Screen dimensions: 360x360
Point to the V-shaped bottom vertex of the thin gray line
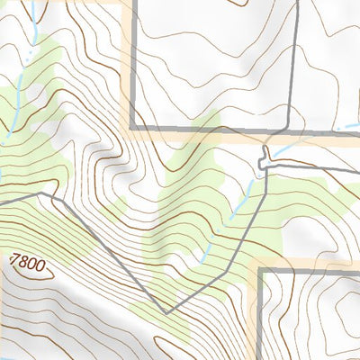tap(165, 312)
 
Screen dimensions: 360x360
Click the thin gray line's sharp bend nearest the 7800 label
tap(40, 193)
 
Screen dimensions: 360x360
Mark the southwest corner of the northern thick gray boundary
tap(133, 128)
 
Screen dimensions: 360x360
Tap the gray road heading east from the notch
tap(315, 167)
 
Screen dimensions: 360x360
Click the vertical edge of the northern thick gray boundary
tap(133, 63)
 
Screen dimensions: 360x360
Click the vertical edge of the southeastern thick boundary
tap(259, 315)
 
